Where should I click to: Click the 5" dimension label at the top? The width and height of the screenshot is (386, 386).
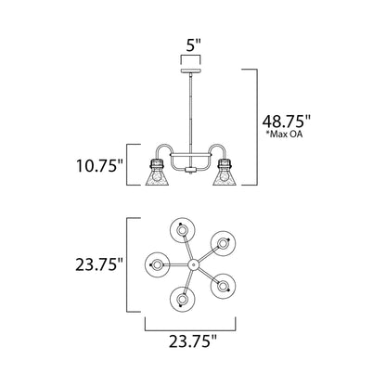pyautogui.click(x=192, y=43)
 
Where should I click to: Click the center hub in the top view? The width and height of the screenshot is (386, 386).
pyautogui.click(x=193, y=264)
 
